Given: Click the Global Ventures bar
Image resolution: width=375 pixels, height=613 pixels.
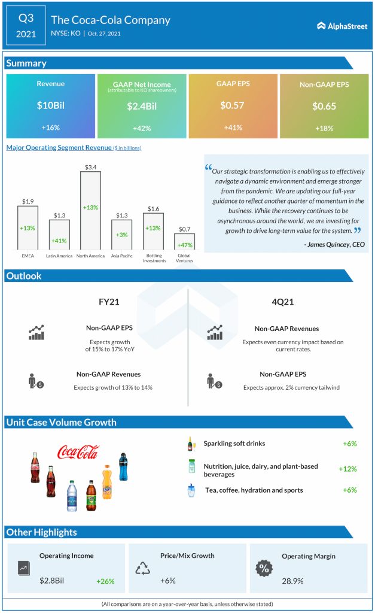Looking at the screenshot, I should (185, 241).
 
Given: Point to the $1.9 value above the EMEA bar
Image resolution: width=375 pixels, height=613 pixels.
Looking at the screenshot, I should (28, 202).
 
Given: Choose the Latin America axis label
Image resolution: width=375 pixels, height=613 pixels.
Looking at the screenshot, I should (59, 256).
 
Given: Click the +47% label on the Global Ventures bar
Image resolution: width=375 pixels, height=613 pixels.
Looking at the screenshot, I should (185, 245).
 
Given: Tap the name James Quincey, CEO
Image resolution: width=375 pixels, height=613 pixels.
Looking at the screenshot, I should (334, 244).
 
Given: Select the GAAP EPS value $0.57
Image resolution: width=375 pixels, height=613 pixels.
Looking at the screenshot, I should (233, 106).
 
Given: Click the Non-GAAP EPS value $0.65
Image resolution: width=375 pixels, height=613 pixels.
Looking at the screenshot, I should (324, 107).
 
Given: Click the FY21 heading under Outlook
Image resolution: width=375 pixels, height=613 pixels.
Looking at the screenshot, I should (109, 302).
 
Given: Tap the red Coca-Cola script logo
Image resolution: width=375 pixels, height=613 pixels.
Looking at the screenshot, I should (78, 452).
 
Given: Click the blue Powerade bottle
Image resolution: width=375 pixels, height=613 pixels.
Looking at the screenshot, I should (123, 466).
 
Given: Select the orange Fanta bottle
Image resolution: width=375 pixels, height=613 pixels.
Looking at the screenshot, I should (107, 482).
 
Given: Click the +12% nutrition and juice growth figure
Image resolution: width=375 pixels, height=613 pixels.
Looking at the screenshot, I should (347, 469).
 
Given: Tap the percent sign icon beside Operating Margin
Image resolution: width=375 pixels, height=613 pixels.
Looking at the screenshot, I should (263, 568).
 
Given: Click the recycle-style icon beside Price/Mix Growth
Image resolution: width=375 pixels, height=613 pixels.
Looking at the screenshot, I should (142, 568).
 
